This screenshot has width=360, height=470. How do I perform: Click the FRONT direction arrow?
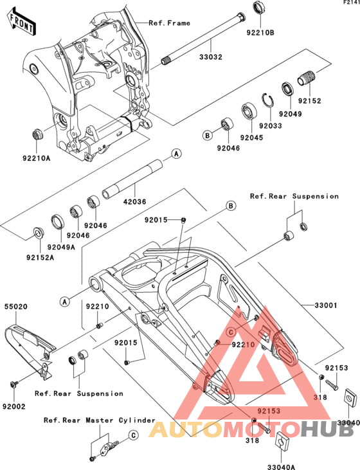[22, 22]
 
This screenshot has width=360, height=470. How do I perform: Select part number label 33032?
[211, 57]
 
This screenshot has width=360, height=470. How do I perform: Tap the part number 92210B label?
[260, 33]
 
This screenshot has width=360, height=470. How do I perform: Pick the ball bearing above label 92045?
[249, 111]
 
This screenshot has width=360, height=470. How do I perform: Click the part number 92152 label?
[309, 101]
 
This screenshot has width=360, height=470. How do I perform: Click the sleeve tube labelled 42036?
[132, 179]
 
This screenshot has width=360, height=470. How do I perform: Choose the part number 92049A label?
[61, 247]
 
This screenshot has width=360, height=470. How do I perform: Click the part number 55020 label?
[15, 307]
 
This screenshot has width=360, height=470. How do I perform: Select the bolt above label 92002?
[14, 384]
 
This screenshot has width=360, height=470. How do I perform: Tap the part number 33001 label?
[326, 305]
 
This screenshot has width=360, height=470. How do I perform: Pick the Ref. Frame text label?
[169, 23]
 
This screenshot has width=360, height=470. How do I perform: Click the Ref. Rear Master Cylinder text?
[100, 420]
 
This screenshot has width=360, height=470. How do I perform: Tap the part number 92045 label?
[251, 138]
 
